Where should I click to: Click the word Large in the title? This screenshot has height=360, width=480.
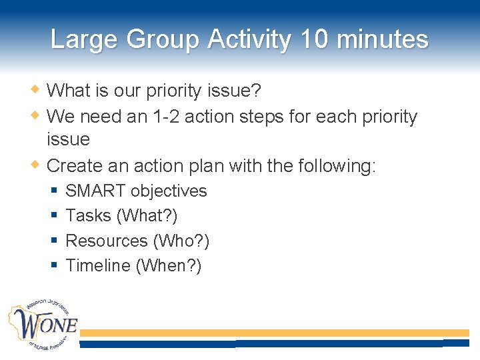coord(84,40)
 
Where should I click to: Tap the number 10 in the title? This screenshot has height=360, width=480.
coord(315,40)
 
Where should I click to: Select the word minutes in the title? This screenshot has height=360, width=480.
coord(383,40)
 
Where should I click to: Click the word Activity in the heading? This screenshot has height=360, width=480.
coord(249,40)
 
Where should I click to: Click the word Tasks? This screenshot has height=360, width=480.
coord(88,216)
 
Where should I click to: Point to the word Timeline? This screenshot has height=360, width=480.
coord(98,265)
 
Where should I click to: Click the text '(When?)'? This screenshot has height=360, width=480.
coord(169,265)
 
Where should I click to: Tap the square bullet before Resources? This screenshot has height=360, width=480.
coord(54,241)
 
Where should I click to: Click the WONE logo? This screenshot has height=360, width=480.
coord(43,327)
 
